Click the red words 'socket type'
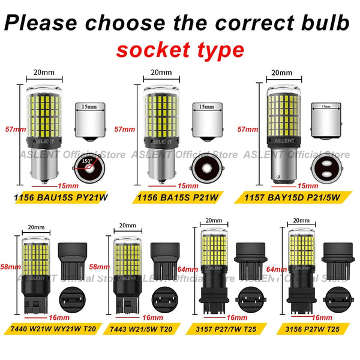click(180, 49)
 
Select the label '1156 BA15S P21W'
click(178, 196)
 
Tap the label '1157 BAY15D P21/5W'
click(299, 196)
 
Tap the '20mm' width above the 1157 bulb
click(281, 73)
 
